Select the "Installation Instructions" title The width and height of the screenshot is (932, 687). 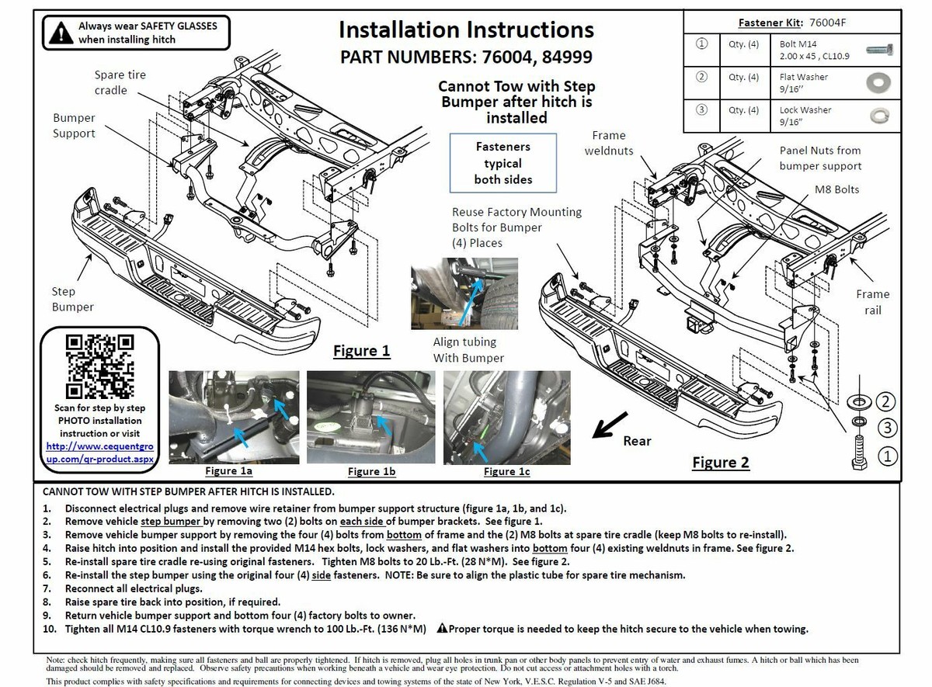click(466, 30)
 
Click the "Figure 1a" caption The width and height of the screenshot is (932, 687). click(228, 470)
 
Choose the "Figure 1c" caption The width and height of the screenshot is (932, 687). click(506, 471)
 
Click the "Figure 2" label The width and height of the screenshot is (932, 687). click(721, 463)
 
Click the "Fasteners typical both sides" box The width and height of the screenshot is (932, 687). click(503, 163)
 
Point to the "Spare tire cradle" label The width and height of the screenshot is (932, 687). click(120, 82)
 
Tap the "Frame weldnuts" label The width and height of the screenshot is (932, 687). click(609, 143)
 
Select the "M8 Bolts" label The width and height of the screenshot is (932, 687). click(836, 189)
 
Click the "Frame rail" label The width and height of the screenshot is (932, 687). click(873, 302)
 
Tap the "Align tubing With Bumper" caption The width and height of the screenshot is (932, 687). click(464, 349)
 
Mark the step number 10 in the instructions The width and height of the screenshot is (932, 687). click(48, 629)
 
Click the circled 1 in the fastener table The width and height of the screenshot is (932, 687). click(702, 44)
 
